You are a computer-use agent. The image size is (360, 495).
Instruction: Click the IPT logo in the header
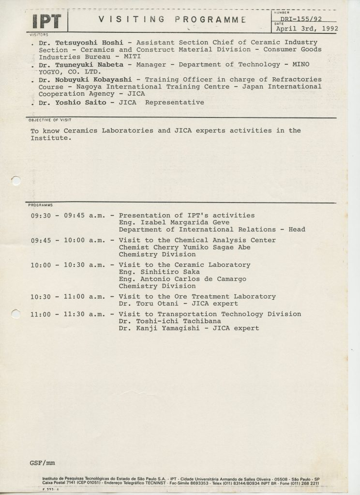[47, 21]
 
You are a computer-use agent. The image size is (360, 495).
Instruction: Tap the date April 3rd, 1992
[306, 28]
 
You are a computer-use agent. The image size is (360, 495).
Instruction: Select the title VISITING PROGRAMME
[169, 19]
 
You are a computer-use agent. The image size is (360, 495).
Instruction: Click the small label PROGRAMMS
[41, 205]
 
